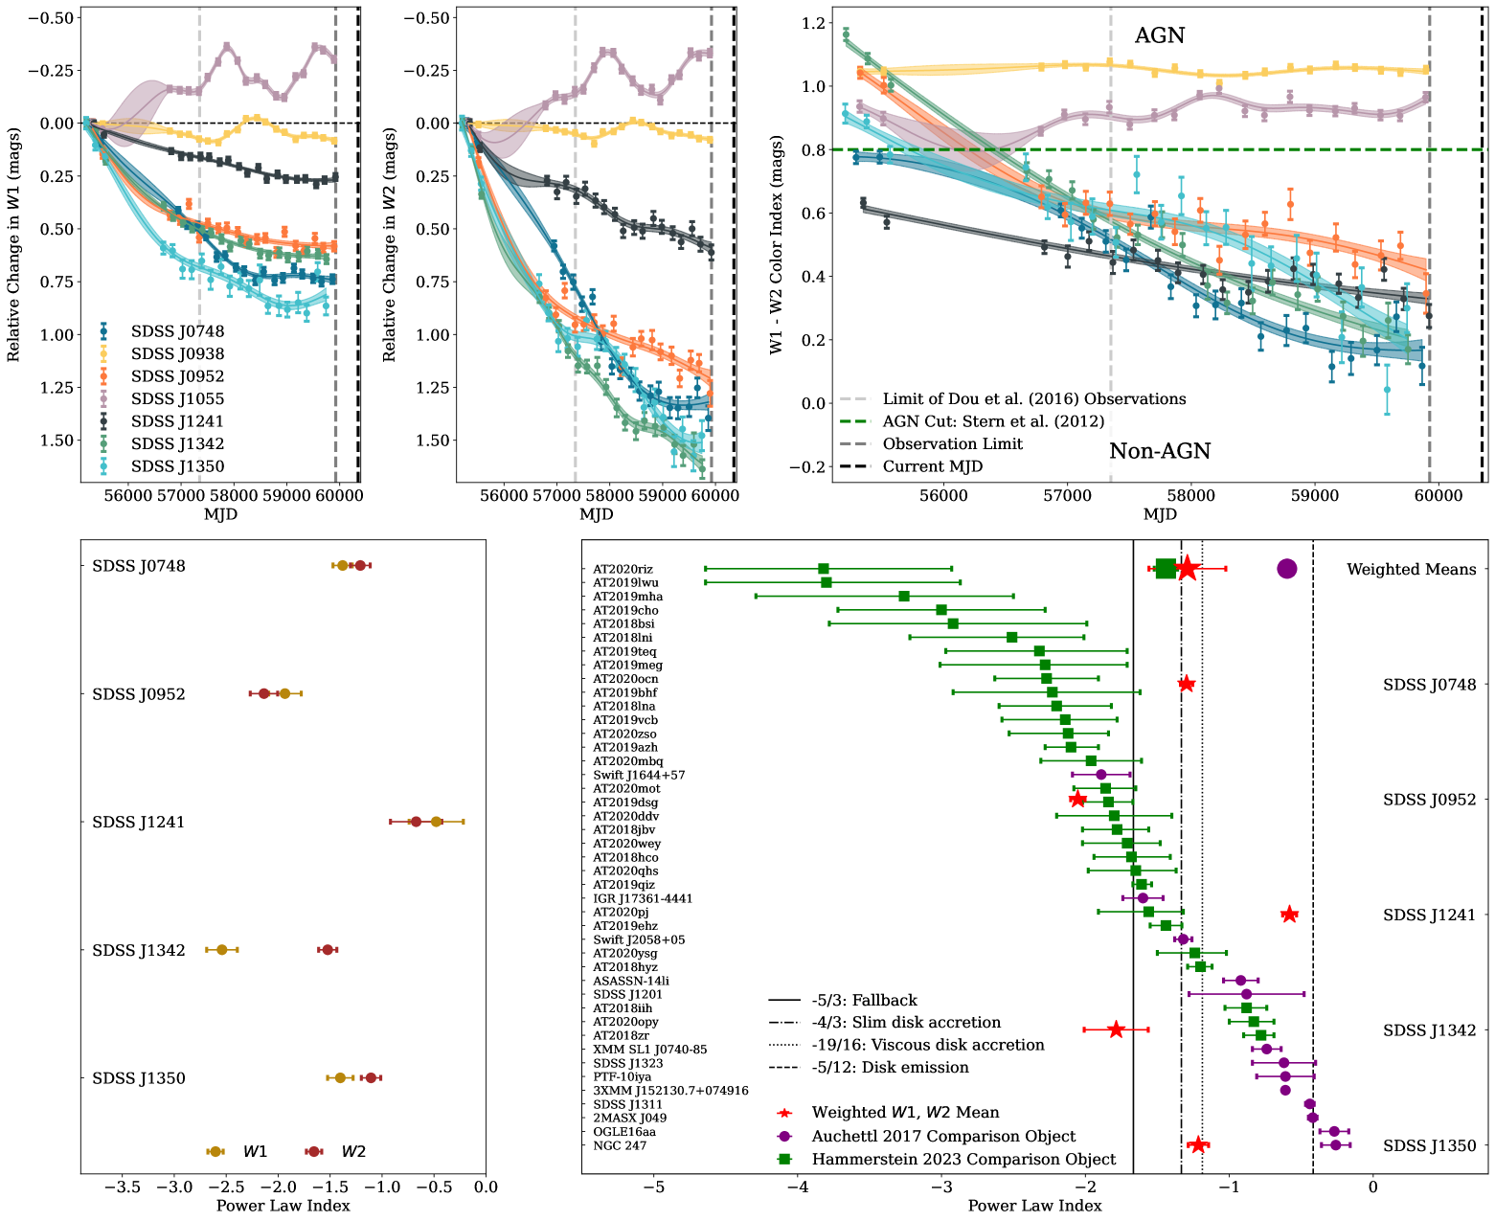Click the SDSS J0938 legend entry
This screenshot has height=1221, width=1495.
177,353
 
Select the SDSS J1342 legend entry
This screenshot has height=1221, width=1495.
177,443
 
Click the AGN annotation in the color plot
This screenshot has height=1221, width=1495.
1159,35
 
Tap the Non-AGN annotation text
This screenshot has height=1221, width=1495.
1160,451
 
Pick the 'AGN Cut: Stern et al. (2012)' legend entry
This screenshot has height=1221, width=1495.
993,421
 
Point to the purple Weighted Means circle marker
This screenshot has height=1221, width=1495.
1286,569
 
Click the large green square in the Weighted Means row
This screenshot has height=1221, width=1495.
1166,569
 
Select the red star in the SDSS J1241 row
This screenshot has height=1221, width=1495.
1289,915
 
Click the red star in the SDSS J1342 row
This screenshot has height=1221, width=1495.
1116,1029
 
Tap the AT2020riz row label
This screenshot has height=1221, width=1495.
623,569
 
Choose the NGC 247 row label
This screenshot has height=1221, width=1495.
620,1145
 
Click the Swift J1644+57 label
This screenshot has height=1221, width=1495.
639,775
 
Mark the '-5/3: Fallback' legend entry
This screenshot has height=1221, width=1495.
864,1000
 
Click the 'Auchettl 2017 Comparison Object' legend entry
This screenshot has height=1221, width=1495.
943,1136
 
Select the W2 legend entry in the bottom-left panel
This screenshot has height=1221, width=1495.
353,1151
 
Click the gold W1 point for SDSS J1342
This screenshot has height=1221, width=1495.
222,950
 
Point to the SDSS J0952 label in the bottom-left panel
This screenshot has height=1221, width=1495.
139,694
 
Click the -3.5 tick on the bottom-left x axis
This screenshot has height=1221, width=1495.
122,1187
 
